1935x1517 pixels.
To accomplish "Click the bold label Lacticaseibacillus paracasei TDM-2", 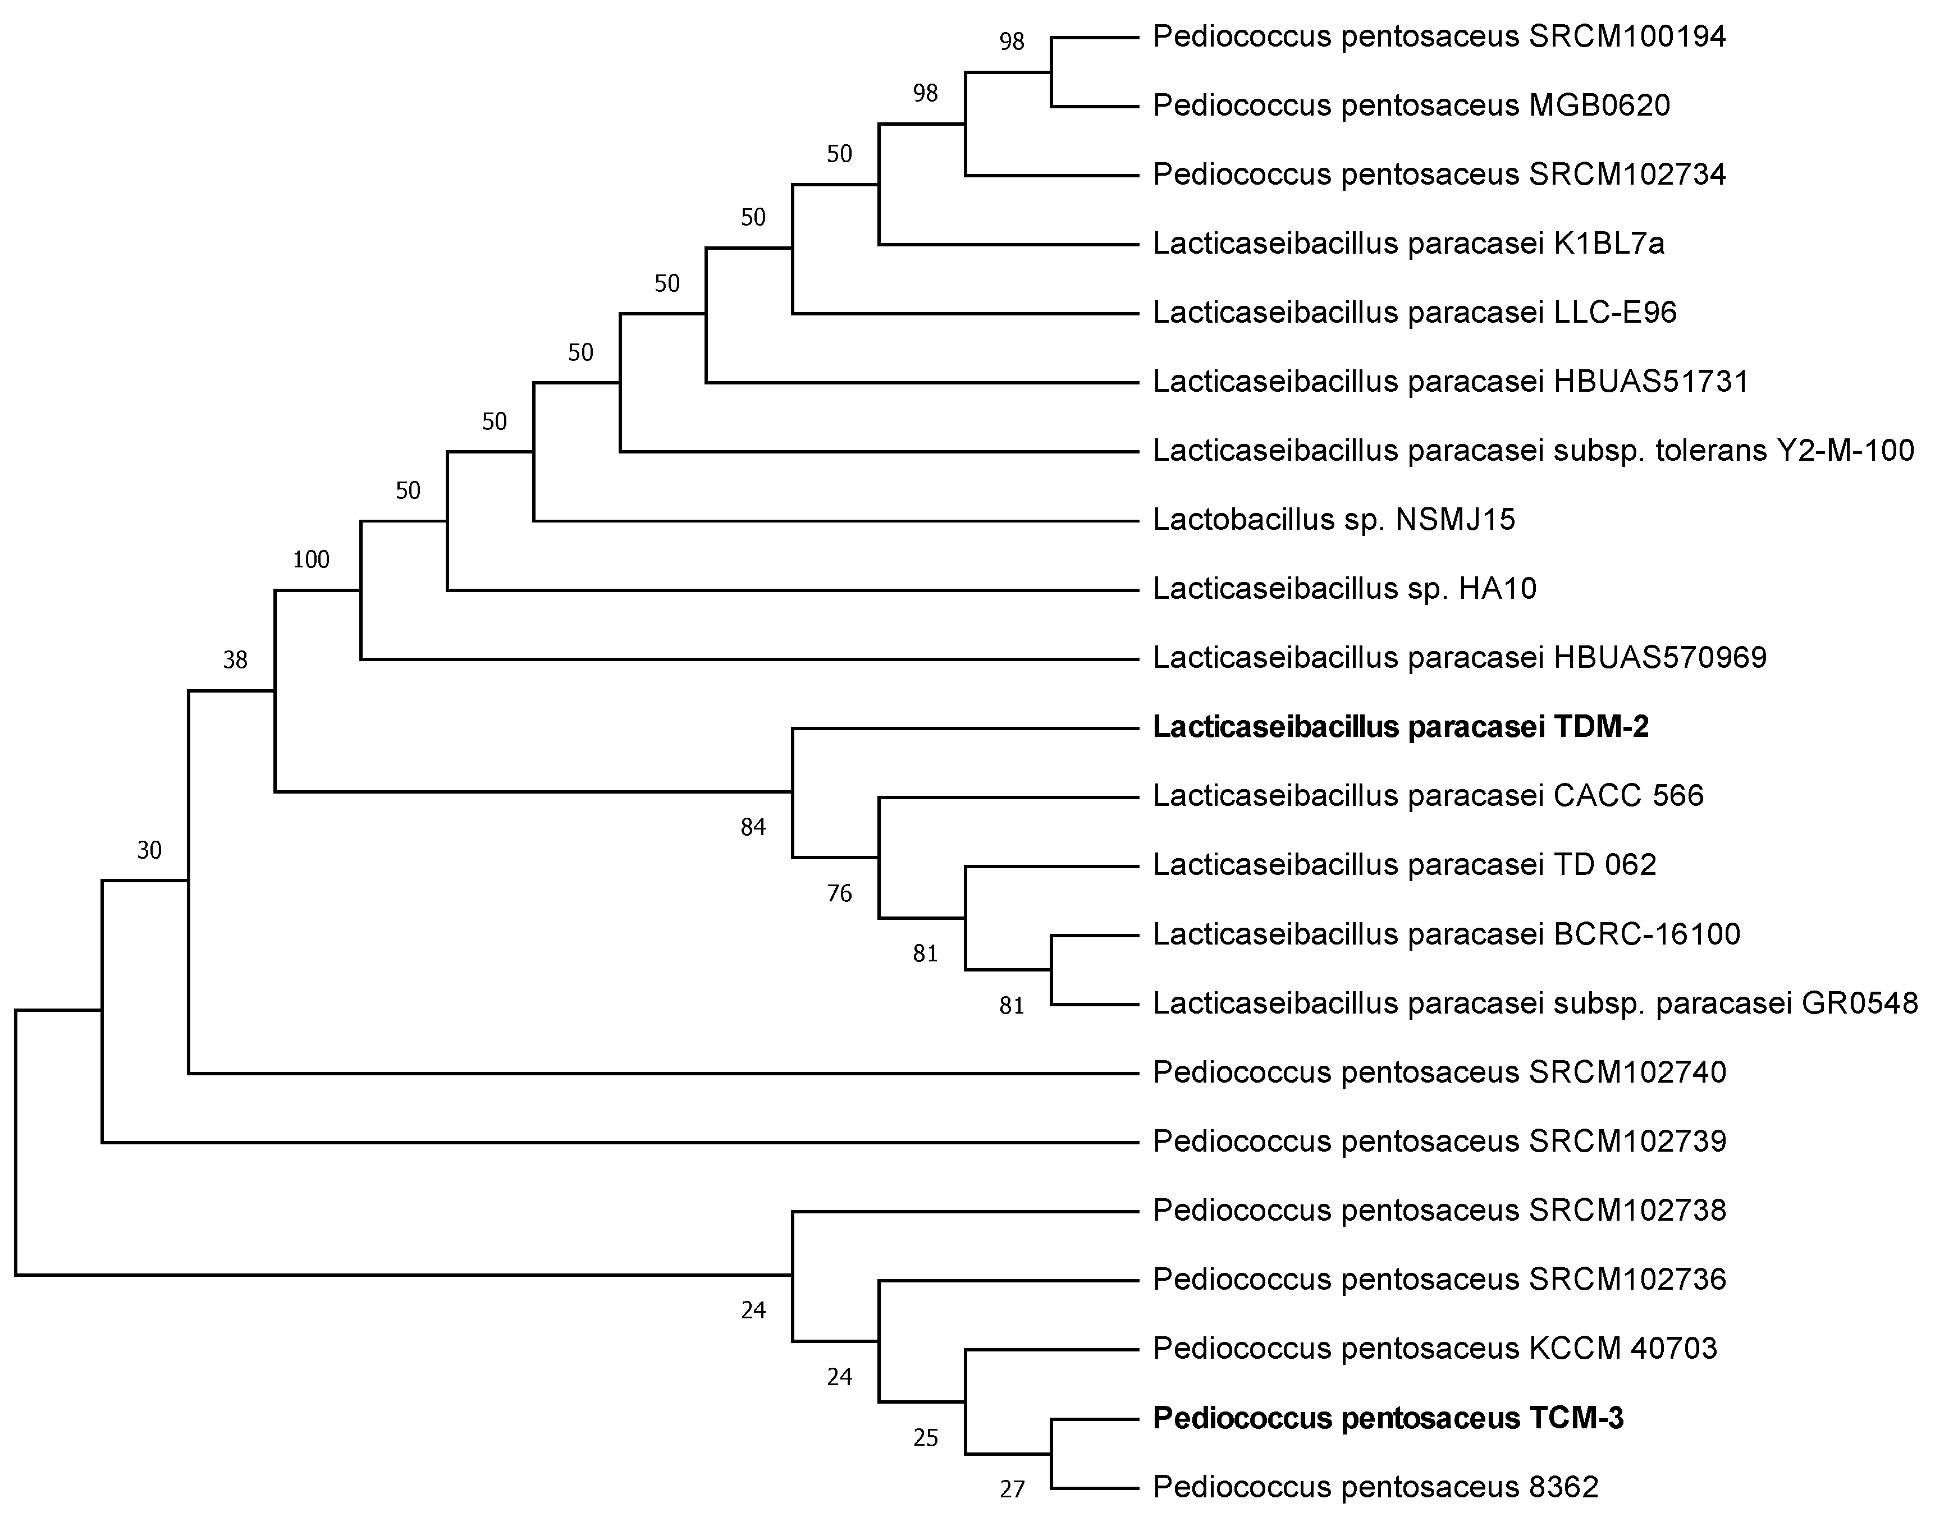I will pyautogui.click(x=1400, y=727).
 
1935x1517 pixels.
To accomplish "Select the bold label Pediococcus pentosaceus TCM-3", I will pyautogui.click(x=1388, y=1418).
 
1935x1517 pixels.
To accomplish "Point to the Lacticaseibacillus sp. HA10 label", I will pyautogui.click(x=1344, y=588).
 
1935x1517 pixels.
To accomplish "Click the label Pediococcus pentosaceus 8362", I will pyautogui.click(x=1375, y=1487).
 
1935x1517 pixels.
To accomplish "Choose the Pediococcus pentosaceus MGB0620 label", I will pyautogui.click(x=1411, y=105).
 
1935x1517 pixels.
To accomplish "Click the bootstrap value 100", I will pyautogui.click(x=311, y=560).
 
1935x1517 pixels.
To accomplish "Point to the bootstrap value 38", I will pyautogui.click(x=235, y=660).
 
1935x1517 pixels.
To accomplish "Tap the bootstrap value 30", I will pyautogui.click(x=149, y=851).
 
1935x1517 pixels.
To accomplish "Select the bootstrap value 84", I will pyautogui.click(x=752, y=828).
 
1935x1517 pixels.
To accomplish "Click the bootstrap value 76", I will pyautogui.click(x=839, y=893).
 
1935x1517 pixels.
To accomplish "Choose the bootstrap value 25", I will pyautogui.click(x=925, y=1438).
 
